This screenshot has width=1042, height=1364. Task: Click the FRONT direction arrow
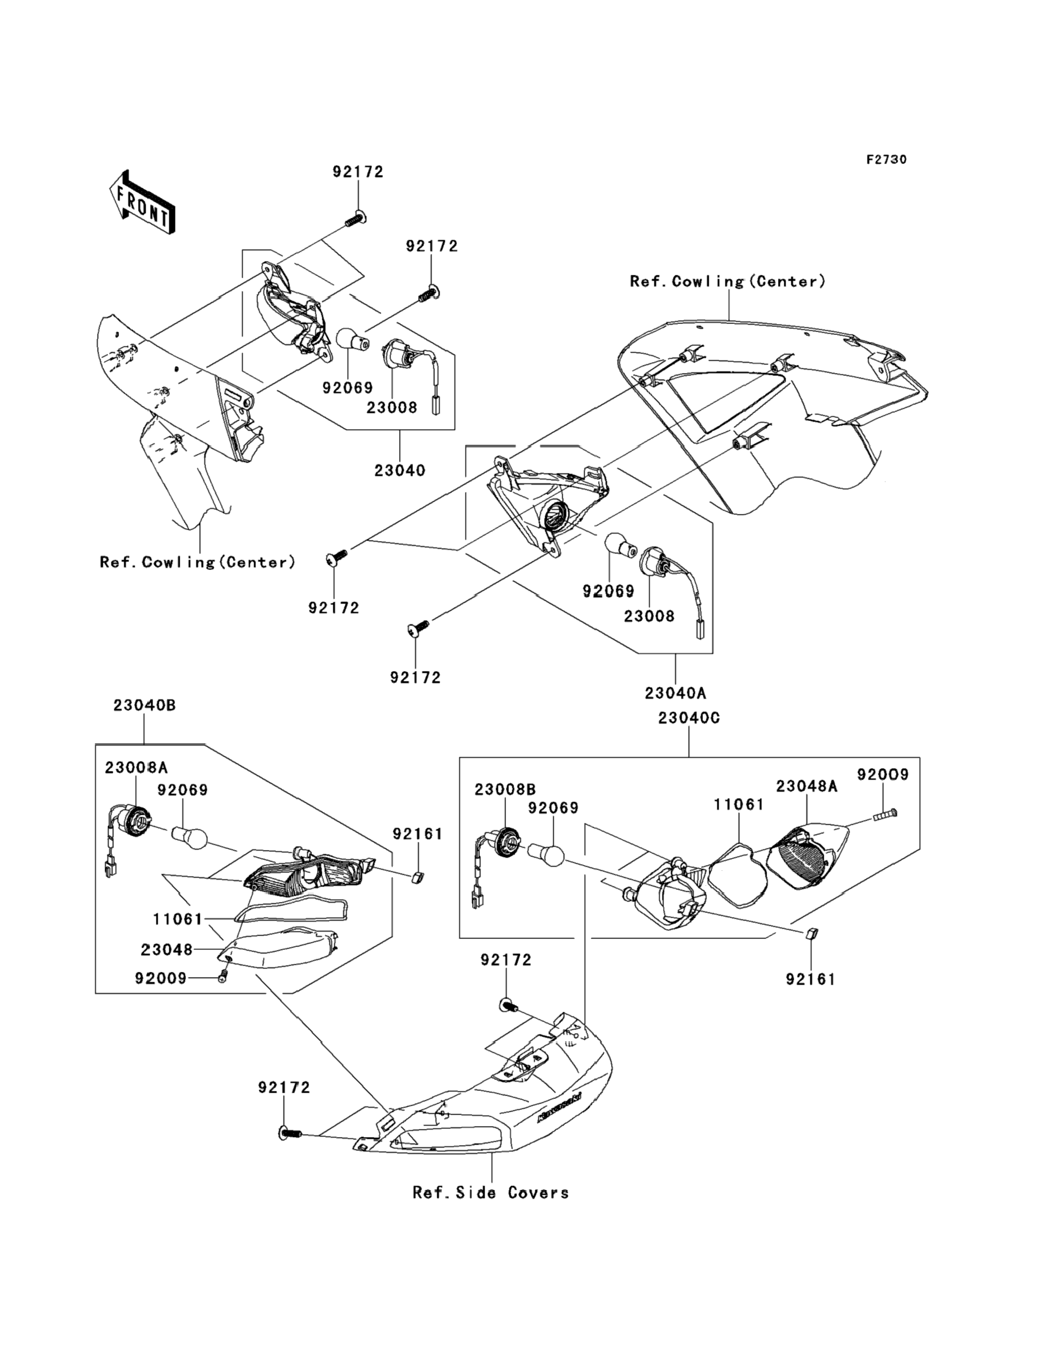pos(142,203)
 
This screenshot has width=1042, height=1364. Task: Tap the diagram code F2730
pos(886,160)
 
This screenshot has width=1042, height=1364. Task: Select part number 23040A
pos(675,693)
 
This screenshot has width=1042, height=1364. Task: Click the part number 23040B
pos(144,706)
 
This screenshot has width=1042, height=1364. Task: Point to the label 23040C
pos(689,718)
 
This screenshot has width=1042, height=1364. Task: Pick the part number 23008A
pos(136,767)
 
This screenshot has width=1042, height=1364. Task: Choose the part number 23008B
pos(505,790)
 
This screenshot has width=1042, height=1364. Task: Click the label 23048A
pos(806,786)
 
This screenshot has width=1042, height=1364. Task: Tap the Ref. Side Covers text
pos(490,1193)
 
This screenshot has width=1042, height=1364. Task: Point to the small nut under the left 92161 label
pos(417,877)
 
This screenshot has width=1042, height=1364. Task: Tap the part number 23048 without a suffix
pos(166,950)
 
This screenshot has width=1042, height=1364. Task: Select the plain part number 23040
pos(400,471)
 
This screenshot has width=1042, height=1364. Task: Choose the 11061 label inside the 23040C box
pos(739,805)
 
